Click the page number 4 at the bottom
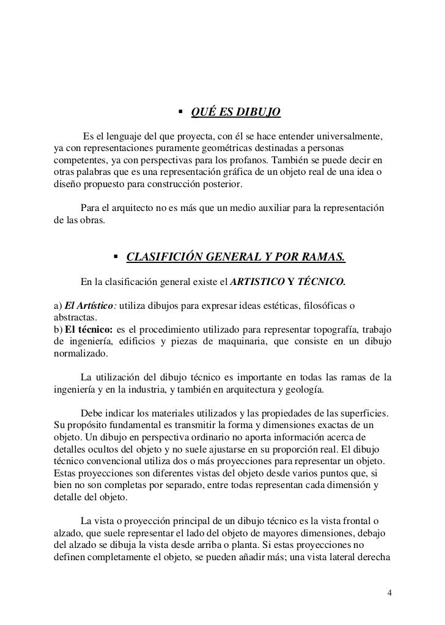(390, 594)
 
